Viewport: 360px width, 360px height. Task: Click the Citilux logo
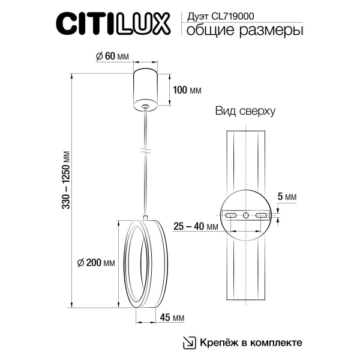(x=113, y=25)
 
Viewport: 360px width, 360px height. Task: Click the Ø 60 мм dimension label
(x=113, y=56)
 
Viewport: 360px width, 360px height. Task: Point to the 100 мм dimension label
(x=187, y=91)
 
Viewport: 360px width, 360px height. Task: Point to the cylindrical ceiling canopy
(x=146, y=87)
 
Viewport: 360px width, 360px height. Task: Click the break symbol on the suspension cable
(x=145, y=151)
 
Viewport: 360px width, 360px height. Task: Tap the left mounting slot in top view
(x=230, y=215)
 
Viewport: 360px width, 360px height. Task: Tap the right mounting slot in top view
(x=262, y=215)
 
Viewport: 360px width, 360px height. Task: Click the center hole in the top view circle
(x=246, y=215)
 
